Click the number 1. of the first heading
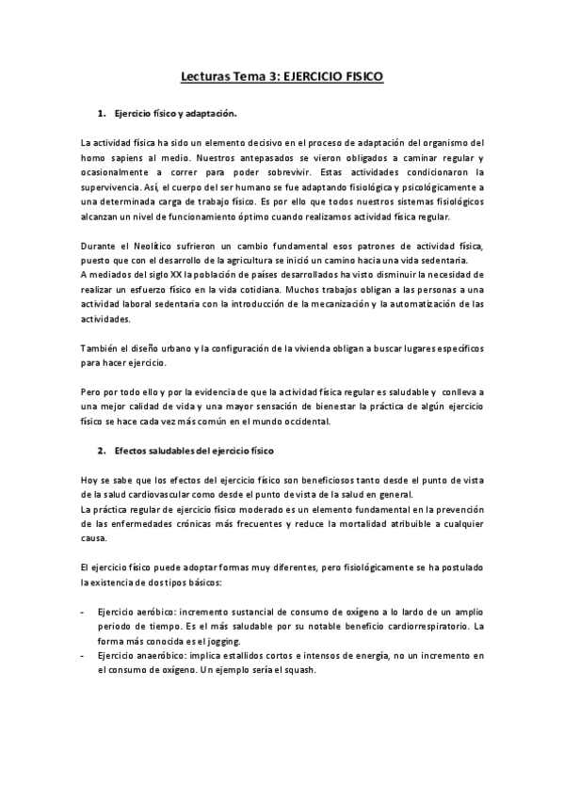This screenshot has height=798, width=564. [x=102, y=114]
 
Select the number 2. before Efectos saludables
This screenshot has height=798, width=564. [x=102, y=452]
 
